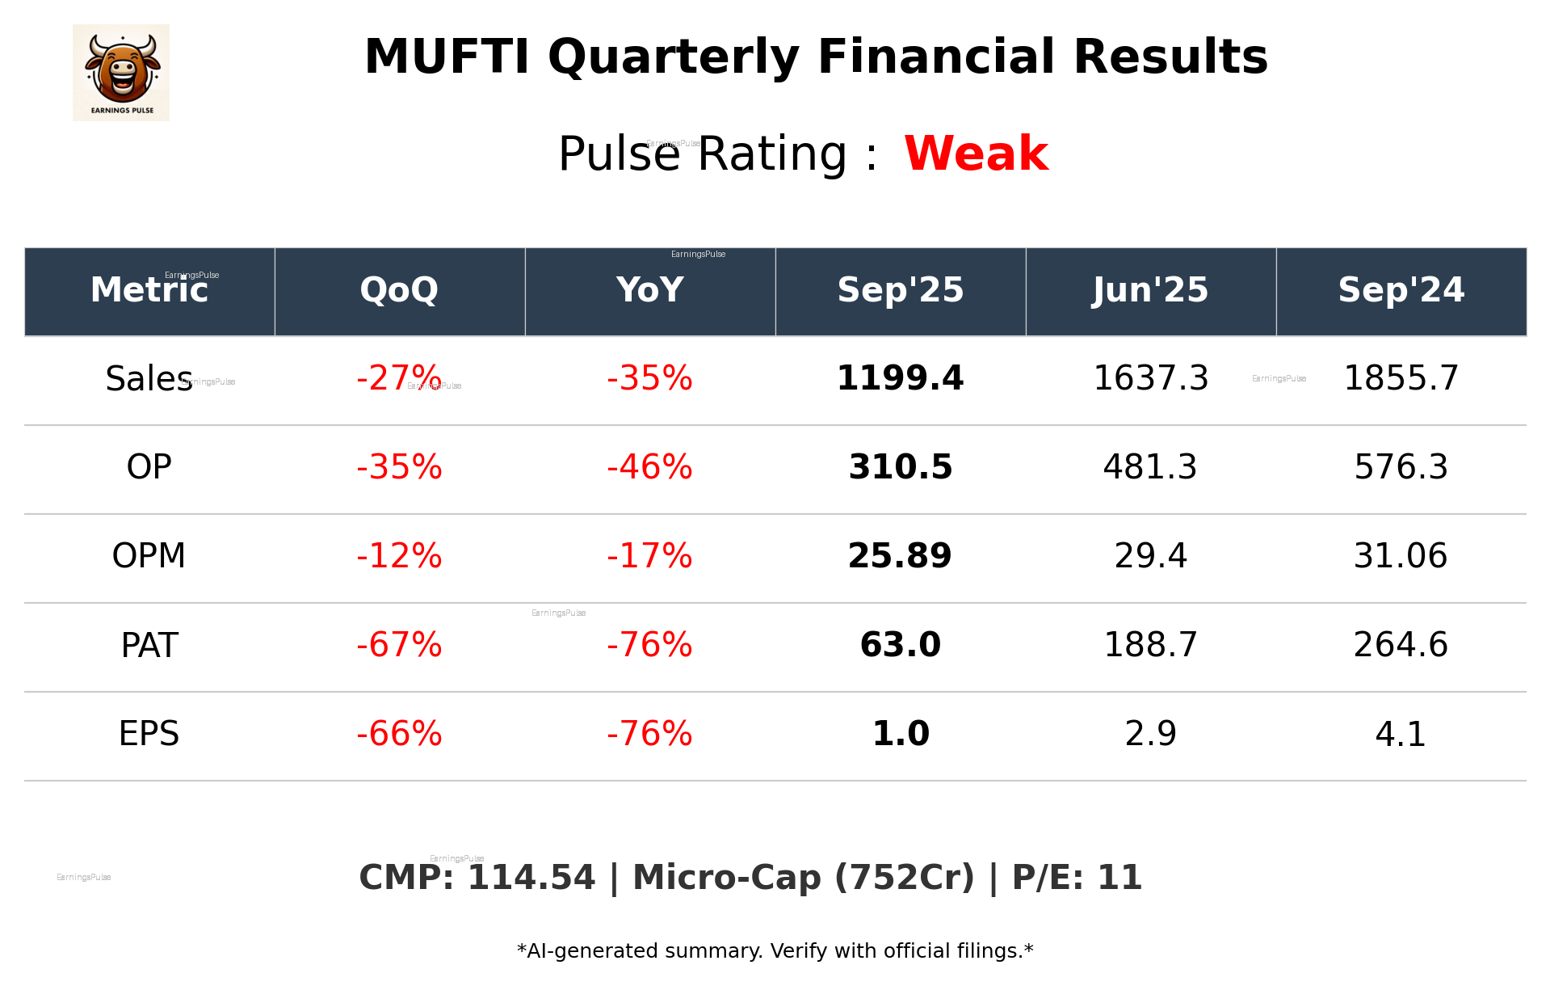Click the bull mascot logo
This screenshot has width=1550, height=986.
(x=121, y=72)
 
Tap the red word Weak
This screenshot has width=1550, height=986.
(x=976, y=154)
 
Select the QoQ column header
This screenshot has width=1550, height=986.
(x=399, y=290)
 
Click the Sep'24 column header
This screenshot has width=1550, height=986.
(x=1401, y=290)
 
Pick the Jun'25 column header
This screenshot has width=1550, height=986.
(x=1150, y=290)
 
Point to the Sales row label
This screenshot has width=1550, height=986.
(x=149, y=379)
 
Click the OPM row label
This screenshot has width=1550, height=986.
(x=149, y=556)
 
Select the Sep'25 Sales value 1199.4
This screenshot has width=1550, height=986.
(x=900, y=378)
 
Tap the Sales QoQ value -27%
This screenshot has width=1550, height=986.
(x=399, y=378)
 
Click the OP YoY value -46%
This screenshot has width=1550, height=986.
(x=649, y=467)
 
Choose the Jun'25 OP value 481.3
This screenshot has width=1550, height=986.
(x=1150, y=467)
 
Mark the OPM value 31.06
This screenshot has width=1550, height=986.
(x=1401, y=556)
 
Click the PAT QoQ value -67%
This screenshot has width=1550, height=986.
(x=399, y=645)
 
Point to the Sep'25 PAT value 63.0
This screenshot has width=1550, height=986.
(x=900, y=645)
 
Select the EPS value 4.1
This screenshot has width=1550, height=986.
(x=1401, y=734)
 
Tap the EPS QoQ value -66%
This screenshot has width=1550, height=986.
(x=399, y=734)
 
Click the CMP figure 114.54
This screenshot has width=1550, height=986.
(x=531, y=878)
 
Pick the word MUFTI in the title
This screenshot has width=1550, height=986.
(x=446, y=57)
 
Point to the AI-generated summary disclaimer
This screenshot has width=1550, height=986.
(x=775, y=951)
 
